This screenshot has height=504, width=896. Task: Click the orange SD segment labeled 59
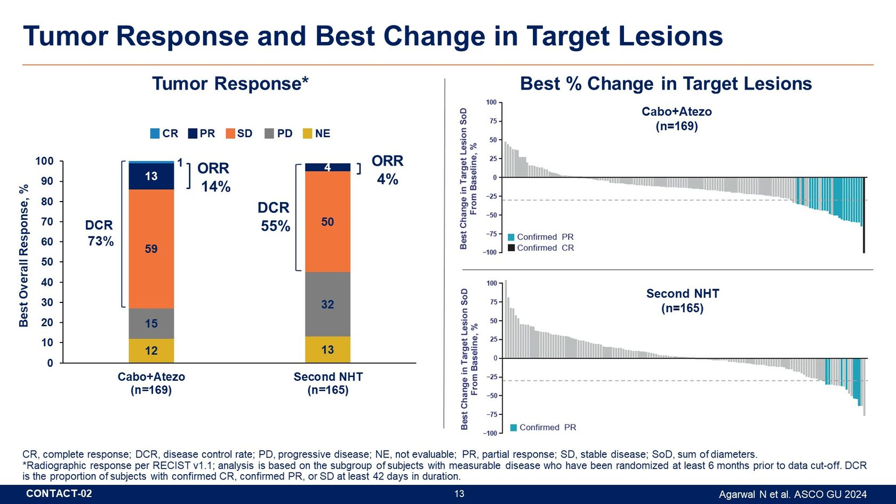click(x=151, y=249)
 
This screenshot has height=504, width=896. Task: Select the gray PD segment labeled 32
click(x=327, y=304)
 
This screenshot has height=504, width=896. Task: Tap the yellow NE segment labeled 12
click(x=151, y=350)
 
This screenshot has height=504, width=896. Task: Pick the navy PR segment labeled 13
click(x=151, y=177)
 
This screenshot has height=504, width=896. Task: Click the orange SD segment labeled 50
click(x=327, y=221)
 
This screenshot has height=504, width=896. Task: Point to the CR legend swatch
click(x=155, y=133)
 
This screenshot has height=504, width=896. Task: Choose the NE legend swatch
click(x=307, y=133)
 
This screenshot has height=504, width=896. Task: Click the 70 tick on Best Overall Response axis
click(x=47, y=221)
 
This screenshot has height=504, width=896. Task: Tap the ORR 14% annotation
click(x=214, y=177)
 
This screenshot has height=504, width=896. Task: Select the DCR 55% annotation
click(x=275, y=217)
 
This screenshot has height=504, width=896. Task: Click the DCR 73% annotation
click(x=100, y=233)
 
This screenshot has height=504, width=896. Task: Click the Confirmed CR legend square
click(x=511, y=248)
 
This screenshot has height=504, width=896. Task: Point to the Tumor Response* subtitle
click(x=230, y=84)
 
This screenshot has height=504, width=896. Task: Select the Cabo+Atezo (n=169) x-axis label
click(x=151, y=383)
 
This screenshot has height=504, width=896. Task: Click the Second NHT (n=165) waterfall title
click(x=682, y=301)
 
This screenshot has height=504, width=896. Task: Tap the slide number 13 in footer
click(x=459, y=494)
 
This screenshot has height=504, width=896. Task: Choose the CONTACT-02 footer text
click(x=59, y=494)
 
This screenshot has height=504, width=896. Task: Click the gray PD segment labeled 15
click(x=151, y=323)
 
